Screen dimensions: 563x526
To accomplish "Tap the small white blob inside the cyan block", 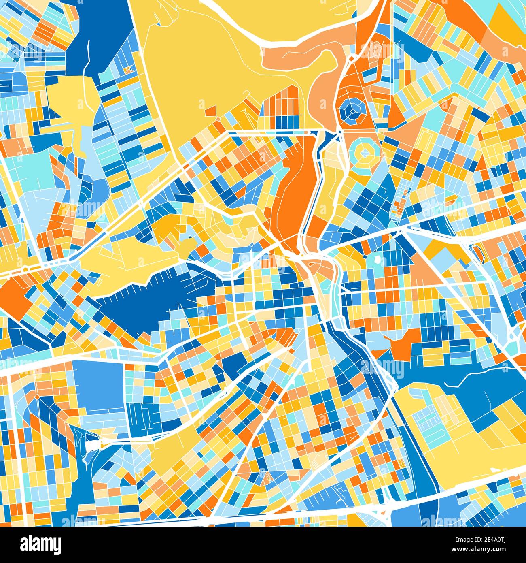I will pyautogui.click(x=378, y=259).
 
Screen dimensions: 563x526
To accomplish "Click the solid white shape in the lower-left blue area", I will pyautogui.click(x=93, y=445).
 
